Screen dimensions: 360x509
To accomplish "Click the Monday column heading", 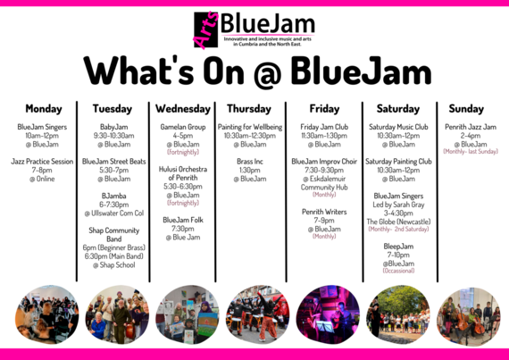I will pos(44,109).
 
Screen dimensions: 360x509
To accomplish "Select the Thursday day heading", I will pos(249,109).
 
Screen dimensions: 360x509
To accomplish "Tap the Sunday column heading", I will pos(465,109).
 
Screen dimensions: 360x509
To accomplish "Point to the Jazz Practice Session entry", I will pos(44,162).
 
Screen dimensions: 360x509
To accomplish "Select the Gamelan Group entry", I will pos(183,127).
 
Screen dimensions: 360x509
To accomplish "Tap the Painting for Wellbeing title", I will pos(249,127).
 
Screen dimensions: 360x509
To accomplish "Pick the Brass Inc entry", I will pos(249,162).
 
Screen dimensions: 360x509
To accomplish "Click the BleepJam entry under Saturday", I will pos(399,245).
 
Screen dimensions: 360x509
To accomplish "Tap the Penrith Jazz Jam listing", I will pos(471,127).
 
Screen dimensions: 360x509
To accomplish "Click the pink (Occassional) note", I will pos(399,271).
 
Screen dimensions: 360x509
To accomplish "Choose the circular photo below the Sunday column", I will pos(468,314).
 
